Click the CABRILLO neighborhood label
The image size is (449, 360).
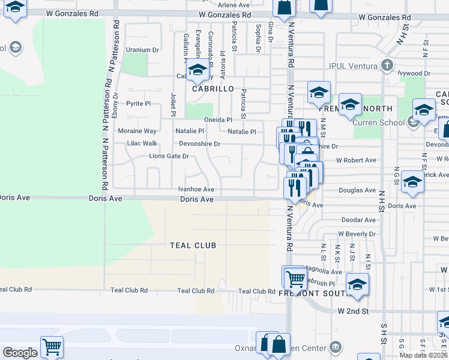212,89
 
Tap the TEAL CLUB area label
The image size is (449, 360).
193,245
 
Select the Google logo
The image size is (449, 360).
20,353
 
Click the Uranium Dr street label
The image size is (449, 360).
143,50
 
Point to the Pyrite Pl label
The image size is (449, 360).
139,104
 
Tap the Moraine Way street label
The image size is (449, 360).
137,131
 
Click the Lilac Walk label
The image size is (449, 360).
142,143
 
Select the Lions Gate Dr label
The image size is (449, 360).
169,157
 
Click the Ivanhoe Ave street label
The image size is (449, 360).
196,189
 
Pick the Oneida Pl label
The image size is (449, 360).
218,119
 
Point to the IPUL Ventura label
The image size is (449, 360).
353,65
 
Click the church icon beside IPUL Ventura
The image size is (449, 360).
387,65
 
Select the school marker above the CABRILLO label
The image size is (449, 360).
197,70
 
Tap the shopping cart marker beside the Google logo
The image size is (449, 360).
52,346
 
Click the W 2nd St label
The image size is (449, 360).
352,311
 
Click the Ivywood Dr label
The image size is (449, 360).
414,73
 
